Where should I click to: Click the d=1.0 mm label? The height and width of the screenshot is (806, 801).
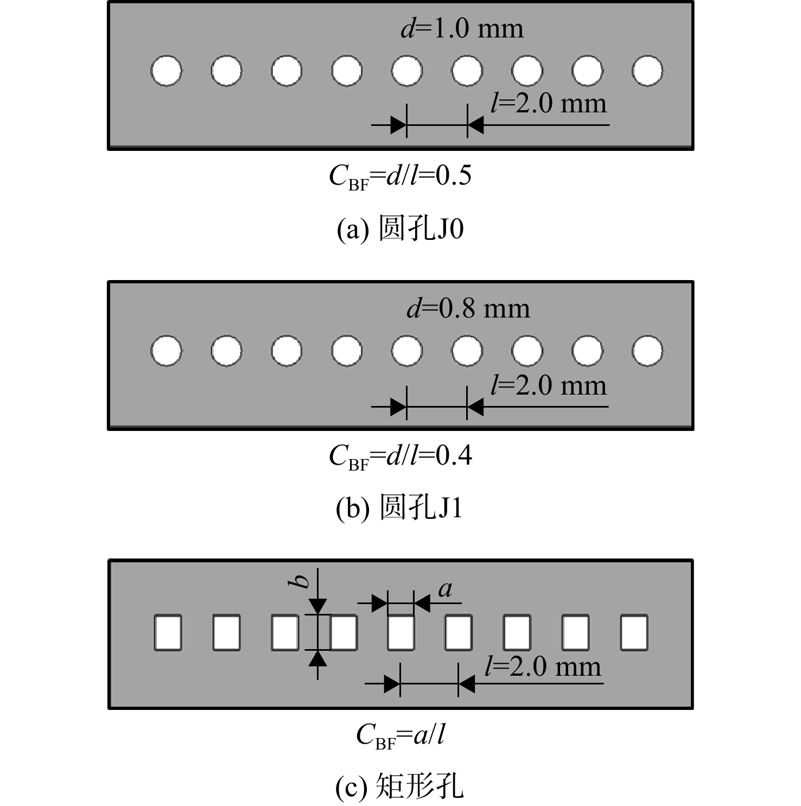click(462, 28)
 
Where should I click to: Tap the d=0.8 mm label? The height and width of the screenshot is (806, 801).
click(468, 308)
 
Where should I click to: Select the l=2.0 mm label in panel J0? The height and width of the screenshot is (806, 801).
click(549, 103)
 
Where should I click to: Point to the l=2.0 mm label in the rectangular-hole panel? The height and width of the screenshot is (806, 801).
click(543, 667)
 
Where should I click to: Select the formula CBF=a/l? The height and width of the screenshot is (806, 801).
click(400, 736)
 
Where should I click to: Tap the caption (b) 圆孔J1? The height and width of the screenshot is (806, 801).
click(399, 508)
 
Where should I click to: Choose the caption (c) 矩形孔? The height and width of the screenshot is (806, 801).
click(400, 786)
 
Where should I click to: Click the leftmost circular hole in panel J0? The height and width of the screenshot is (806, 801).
click(166, 71)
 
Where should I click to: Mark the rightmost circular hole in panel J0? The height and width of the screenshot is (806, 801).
click(647, 71)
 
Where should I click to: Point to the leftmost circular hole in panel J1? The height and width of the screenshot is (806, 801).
click(166, 351)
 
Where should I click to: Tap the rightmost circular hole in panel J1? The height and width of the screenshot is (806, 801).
click(647, 351)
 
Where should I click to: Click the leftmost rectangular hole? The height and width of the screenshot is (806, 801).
click(168, 632)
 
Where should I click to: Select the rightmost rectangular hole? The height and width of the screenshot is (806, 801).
click(634, 632)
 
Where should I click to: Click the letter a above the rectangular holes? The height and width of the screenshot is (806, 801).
click(446, 589)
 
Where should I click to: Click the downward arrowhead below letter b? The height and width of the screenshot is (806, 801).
click(318, 606)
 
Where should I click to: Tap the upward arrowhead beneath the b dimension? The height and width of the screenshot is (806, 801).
click(318, 658)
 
